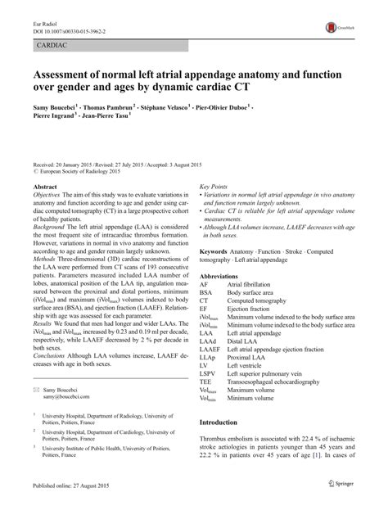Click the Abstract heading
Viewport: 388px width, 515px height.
pos(42,187)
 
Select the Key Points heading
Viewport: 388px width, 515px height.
pos(214,187)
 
